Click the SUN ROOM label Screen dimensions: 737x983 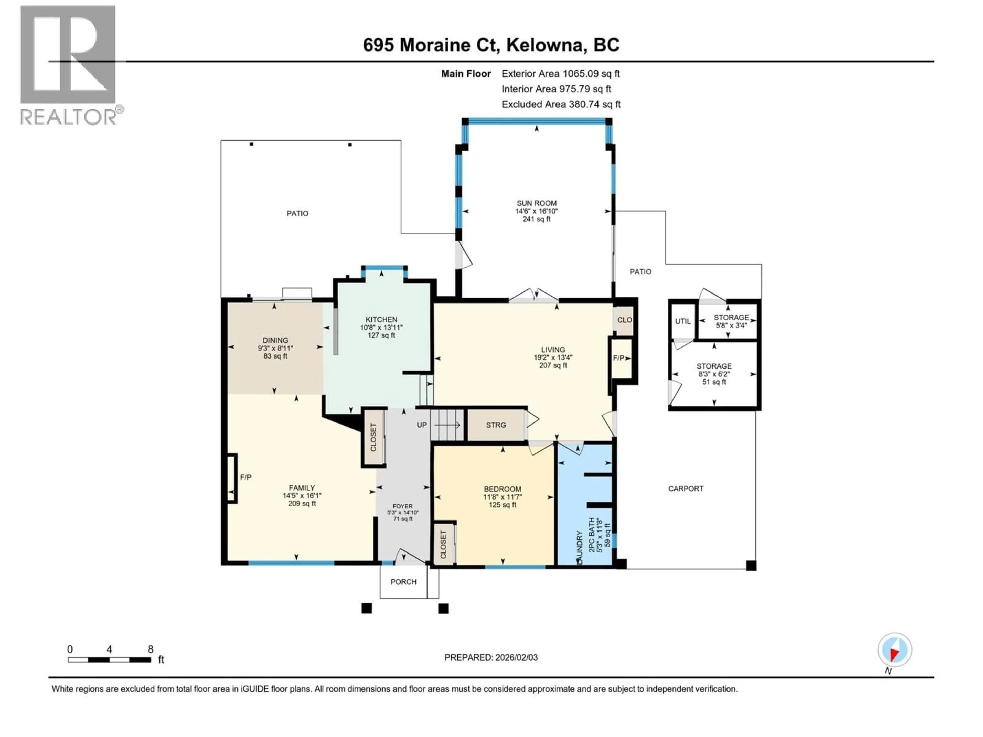(536, 203)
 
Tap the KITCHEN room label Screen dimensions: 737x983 (381, 319)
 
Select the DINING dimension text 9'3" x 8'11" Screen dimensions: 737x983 (275, 348)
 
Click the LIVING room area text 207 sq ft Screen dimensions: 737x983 (553, 365)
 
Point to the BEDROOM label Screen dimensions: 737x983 (502, 489)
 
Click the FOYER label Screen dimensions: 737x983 (403, 506)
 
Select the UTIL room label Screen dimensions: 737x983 (682, 321)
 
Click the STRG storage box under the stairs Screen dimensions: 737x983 (496, 425)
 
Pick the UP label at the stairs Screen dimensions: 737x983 (422, 425)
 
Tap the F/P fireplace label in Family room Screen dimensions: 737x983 (246, 477)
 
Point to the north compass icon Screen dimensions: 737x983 (895, 650)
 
